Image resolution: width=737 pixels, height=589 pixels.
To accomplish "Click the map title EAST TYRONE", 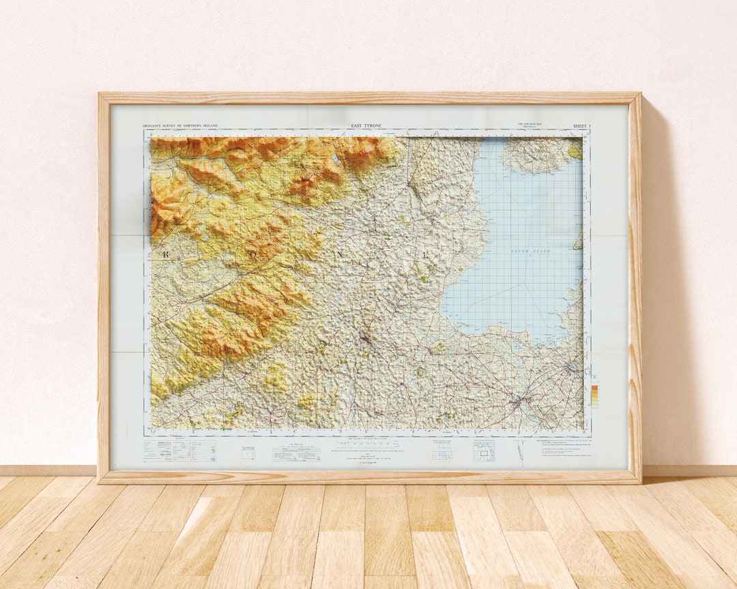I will (x=366, y=126).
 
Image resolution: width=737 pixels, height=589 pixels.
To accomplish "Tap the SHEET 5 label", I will (x=581, y=126).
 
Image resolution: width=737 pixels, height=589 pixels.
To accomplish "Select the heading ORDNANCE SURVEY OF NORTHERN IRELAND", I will (x=180, y=126).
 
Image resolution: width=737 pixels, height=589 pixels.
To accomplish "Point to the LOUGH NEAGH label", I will (x=530, y=252).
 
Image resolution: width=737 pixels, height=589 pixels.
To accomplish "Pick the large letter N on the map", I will (x=339, y=253).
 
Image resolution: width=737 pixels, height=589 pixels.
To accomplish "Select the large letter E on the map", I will (x=426, y=255).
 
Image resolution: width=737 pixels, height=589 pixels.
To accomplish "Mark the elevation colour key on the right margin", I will (x=594, y=396).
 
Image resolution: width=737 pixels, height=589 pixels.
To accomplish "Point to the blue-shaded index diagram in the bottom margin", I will (x=483, y=451).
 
